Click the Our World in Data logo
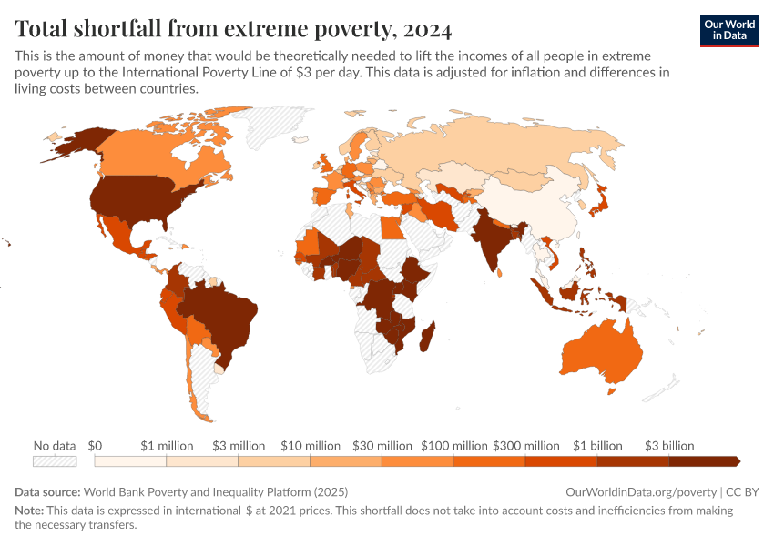(x=729, y=30)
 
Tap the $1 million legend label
(x=168, y=446)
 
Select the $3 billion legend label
(x=669, y=446)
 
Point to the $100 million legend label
(x=454, y=446)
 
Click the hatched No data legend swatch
(x=54, y=461)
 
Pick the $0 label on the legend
(x=96, y=446)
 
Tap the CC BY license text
(x=742, y=491)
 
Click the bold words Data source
(x=46, y=491)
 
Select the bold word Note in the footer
(x=29, y=511)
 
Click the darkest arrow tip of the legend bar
(x=736, y=461)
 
